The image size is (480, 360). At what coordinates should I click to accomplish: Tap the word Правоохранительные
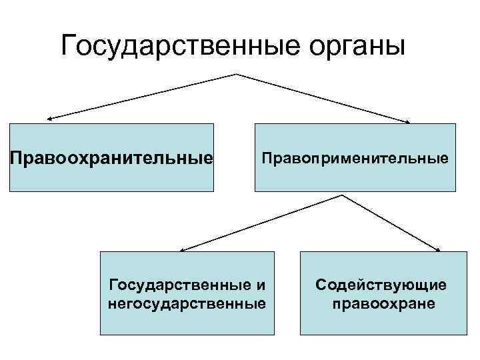click(x=111, y=159)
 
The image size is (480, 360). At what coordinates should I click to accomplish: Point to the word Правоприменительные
click(x=355, y=159)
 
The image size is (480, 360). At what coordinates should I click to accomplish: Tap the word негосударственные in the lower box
click(x=187, y=304)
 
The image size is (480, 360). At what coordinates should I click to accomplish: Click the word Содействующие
click(x=381, y=286)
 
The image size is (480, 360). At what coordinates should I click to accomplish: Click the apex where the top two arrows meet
click(x=236, y=73)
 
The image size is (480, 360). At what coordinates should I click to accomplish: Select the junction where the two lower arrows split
click(x=343, y=195)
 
